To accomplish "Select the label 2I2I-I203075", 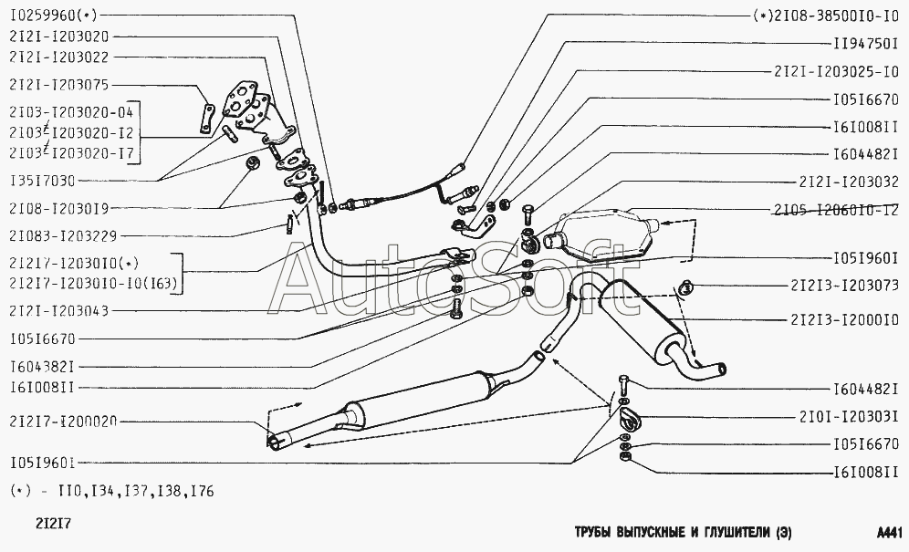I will (x=59, y=85).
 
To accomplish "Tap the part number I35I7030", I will (x=43, y=180).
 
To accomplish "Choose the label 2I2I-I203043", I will (x=59, y=311).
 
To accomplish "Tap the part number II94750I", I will (x=865, y=43).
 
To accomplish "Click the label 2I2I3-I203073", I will (x=845, y=286).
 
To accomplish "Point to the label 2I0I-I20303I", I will (x=850, y=418).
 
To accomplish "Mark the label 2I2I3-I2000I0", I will (x=845, y=319).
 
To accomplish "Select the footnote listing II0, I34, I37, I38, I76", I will (x=111, y=491).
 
